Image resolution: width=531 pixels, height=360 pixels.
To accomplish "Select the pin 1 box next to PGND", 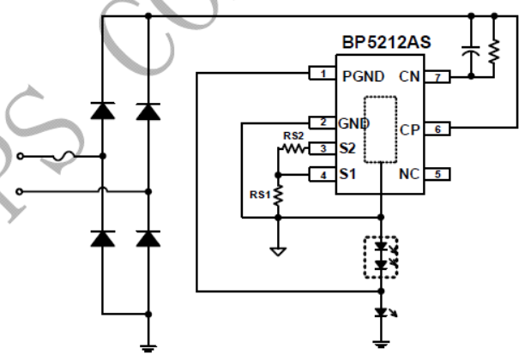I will (321, 75).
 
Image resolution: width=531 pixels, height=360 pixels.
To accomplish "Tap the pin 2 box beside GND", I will (321, 123).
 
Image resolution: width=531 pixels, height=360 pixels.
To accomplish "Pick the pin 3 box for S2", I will (321, 147).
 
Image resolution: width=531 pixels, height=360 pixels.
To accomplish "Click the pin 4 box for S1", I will (321, 174).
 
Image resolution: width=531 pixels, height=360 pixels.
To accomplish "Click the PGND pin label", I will (363, 75).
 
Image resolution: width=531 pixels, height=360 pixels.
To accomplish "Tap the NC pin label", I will (407, 174).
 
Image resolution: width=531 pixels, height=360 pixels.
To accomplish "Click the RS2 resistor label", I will (293, 135).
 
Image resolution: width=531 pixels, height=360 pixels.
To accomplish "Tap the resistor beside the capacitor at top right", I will (494, 51).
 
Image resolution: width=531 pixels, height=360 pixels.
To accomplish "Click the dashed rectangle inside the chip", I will (379, 129).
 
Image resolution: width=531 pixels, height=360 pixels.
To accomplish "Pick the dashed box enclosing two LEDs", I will (379, 256).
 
